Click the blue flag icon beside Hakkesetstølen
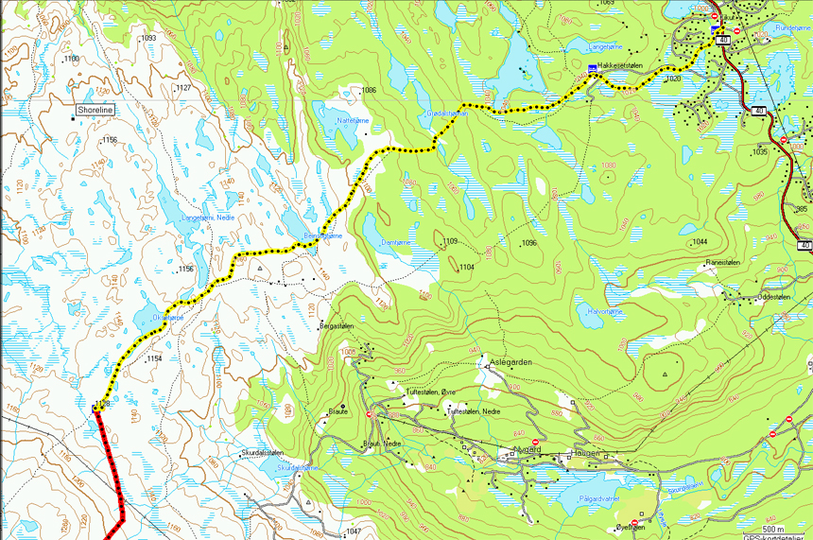pyautogui.click(x=592, y=68)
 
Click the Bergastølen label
pyautogui.click(x=337, y=325)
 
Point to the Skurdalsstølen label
pyautogui.click(x=262, y=453)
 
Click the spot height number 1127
pyautogui.click(x=183, y=88)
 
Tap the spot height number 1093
pyautogui.click(x=147, y=38)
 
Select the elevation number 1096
pyautogui.click(x=528, y=243)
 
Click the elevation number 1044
pyautogui.click(x=700, y=243)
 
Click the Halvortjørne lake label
pyautogui.click(x=606, y=311)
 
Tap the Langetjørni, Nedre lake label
pyautogui.click(x=208, y=218)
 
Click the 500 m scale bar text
pyautogui.click(x=773, y=528)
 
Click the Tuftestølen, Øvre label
pyautogui.click(x=431, y=392)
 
